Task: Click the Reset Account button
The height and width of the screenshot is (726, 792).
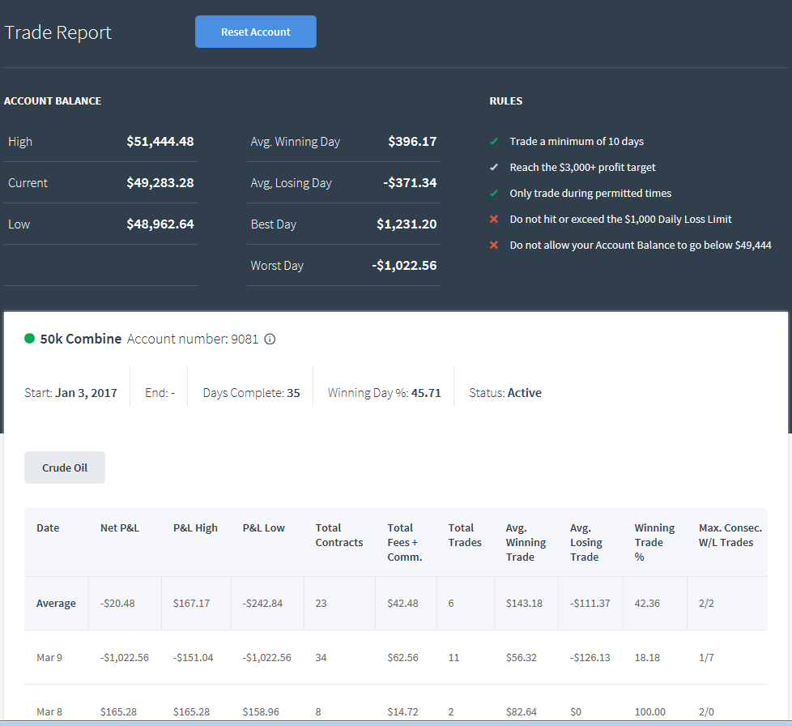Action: (256, 32)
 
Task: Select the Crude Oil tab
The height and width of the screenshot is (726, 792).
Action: (65, 468)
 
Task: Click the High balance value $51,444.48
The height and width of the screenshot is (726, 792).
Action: (160, 142)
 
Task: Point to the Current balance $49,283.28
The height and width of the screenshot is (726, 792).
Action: (160, 183)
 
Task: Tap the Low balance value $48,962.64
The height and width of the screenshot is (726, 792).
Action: (160, 224)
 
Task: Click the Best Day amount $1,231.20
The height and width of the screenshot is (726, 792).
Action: (407, 224)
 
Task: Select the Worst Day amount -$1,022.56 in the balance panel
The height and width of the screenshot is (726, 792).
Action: (404, 266)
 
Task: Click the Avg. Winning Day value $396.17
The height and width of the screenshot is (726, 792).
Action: (412, 142)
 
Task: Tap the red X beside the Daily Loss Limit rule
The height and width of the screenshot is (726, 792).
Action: (494, 219)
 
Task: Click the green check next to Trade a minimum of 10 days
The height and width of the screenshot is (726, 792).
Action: (494, 141)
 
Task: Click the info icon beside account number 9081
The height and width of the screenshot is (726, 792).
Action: (270, 339)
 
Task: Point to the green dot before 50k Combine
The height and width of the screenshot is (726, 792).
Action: (29, 339)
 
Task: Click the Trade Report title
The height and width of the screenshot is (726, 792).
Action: (57, 32)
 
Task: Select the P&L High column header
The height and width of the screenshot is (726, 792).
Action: (195, 528)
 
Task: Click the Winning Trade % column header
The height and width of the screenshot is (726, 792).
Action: (654, 542)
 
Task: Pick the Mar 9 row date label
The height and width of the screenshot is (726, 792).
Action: (49, 657)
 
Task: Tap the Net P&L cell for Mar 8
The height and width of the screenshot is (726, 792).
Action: (119, 712)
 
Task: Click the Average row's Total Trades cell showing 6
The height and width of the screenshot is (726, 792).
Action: (451, 603)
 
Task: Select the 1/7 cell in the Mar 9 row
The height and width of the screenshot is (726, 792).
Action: (706, 657)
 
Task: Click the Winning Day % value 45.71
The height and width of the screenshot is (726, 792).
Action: (426, 393)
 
